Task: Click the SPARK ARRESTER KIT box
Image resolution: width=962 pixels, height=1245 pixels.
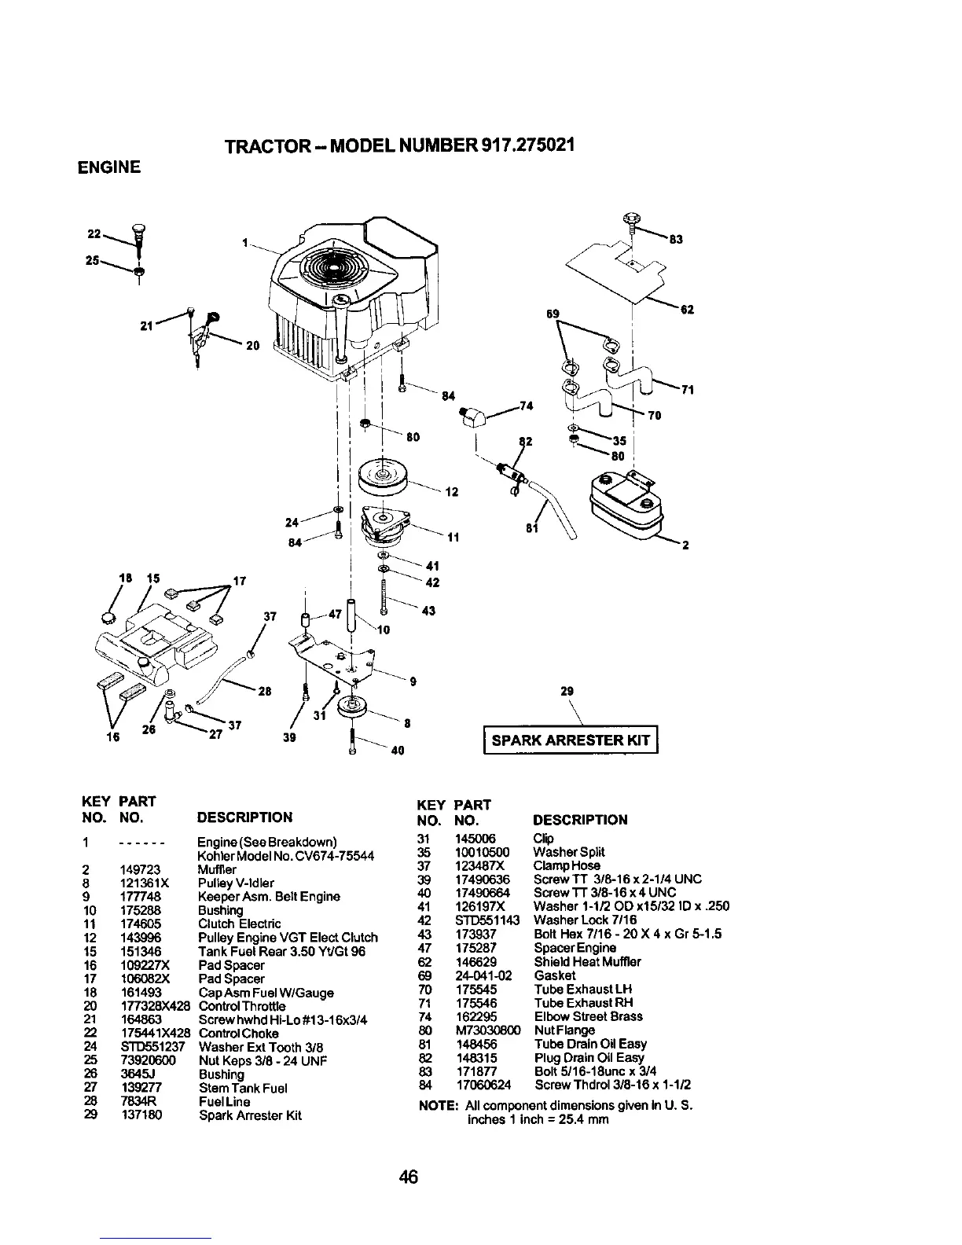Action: click(x=571, y=740)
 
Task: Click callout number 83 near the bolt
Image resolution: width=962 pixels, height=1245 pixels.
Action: click(x=674, y=239)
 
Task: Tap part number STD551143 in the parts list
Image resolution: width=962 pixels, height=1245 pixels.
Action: click(x=487, y=920)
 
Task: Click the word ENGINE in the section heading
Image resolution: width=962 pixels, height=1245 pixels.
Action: click(x=108, y=167)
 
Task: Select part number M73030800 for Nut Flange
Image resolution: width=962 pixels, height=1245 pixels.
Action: click(x=486, y=1030)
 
